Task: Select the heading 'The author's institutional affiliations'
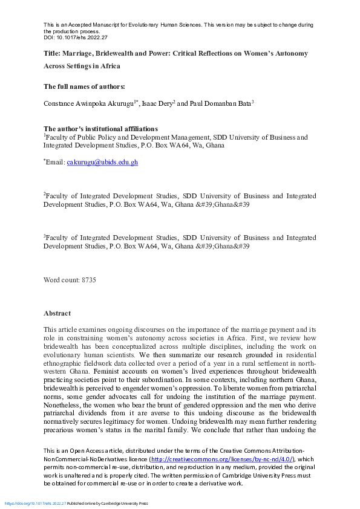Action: coord(100,129)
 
